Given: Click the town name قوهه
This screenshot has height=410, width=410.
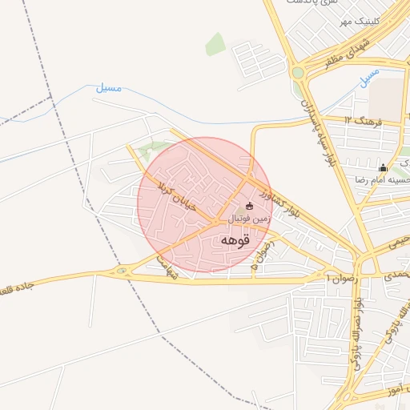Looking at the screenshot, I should click(x=235, y=239).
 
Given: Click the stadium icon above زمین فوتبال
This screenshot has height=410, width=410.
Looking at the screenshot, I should click(x=248, y=206).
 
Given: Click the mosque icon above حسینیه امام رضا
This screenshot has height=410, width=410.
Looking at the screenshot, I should click(x=383, y=168).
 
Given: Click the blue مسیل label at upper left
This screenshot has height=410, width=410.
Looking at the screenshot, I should click(x=109, y=88).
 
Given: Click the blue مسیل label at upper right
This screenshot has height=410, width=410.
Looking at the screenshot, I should click(x=369, y=77).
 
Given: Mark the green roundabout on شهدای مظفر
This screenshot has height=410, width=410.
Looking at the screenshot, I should click(x=298, y=72).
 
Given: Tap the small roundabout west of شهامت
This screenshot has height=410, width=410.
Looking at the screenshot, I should click(x=122, y=272).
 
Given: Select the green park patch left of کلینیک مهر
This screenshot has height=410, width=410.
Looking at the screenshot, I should click(x=215, y=45).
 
